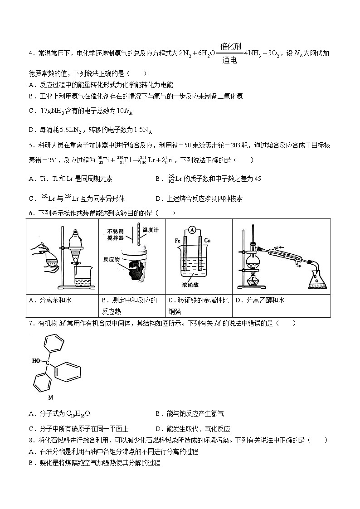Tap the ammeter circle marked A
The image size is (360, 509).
[x=192, y=231]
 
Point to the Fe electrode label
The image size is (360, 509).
[x=178, y=240]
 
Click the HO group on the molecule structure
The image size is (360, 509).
[x=37, y=361]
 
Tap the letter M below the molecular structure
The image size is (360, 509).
[x=51, y=398]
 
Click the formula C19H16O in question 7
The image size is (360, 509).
[x=66, y=413]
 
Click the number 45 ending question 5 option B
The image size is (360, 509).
[x=257, y=179]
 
